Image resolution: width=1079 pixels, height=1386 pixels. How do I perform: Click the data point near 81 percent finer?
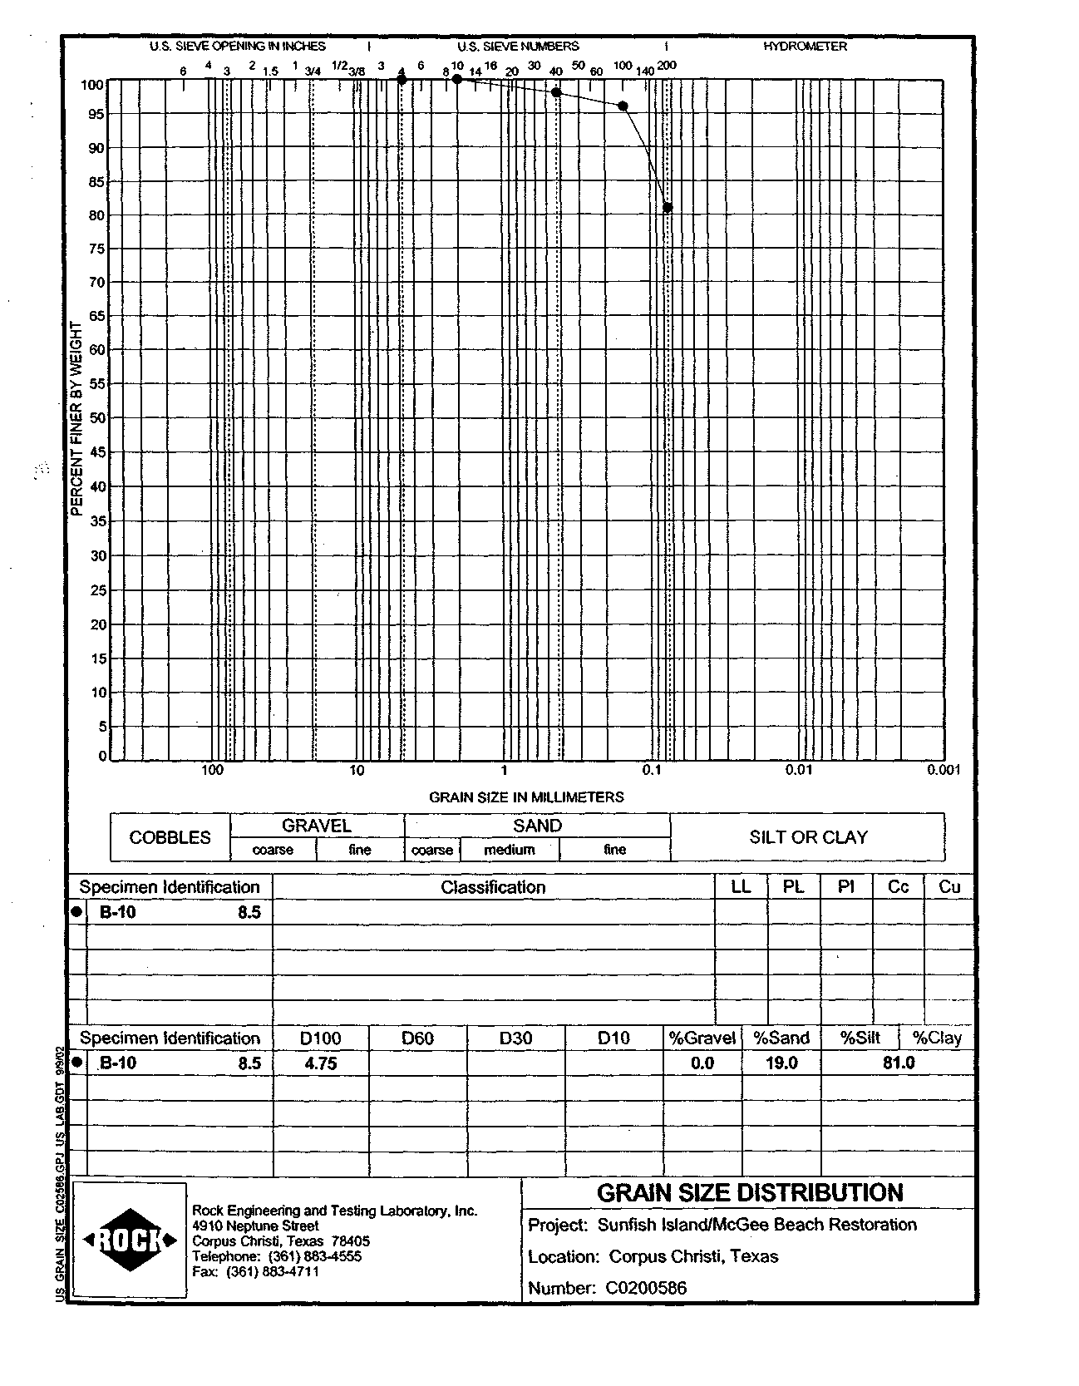tap(668, 207)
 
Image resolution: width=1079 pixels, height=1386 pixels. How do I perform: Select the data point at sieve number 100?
tap(623, 106)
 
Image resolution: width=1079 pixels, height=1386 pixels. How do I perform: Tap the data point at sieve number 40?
tap(556, 92)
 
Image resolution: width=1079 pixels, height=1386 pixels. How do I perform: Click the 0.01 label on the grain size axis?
tap(798, 770)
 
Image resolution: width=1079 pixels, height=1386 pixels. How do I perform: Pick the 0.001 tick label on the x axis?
tap(944, 770)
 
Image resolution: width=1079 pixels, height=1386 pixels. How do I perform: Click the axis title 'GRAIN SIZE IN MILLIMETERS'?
tap(526, 797)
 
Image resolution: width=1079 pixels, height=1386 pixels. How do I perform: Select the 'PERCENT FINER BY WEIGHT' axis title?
tap(76, 418)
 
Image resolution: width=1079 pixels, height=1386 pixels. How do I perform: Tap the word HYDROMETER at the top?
tap(805, 47)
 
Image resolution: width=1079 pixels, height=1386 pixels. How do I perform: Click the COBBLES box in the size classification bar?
tap(170, 837)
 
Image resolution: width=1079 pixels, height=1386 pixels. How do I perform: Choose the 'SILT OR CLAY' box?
tap(807, 837)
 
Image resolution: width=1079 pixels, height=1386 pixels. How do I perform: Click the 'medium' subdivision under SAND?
tap(509, 850)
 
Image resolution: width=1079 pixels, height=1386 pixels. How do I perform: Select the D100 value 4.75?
tap(321, 1063)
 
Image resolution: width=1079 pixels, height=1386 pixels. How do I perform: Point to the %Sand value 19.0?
tap(781, 1063)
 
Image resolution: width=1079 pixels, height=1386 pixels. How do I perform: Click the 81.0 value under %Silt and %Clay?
tap(898, 1063)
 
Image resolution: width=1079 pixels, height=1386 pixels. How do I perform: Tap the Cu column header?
tap(949, 887)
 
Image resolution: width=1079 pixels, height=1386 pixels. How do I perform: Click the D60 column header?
tap(417, 1038)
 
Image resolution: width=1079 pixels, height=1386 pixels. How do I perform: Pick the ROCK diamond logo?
tap(130, 1240)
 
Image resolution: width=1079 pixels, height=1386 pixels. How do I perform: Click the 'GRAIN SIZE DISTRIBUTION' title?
tap(750, 1193)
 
